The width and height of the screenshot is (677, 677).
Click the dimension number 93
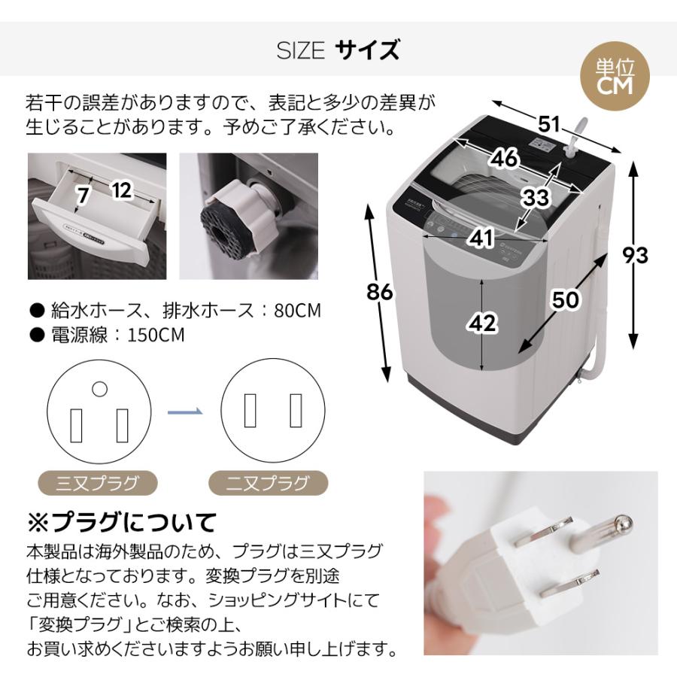[x=636, y=255]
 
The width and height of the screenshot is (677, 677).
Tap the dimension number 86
[x=381, y=292]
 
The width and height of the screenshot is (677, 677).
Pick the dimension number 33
[x=536, y=198]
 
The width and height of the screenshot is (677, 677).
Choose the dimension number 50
[x=564, y=299]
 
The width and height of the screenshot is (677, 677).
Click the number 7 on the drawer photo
[x=83, y=194]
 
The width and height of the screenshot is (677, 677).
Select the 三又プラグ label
[x=97, y=482]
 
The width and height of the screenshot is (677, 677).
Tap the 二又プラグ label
[x=267, y=482]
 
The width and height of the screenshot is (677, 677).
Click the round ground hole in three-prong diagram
[x=99, y=389]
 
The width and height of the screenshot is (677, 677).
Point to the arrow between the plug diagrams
[x=185, y=411]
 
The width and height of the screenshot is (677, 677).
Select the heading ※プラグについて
[x=122, y=521]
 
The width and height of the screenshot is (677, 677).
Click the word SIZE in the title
[x=300, y=51]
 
